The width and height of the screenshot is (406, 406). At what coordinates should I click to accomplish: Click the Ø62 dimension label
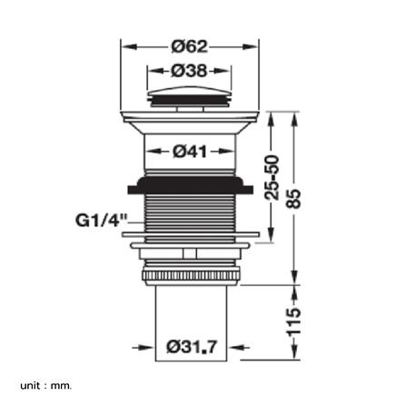pos(190,47)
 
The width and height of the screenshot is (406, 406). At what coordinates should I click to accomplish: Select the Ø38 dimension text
pos(189,71)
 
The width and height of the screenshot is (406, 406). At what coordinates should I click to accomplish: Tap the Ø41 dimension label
pos(190,151)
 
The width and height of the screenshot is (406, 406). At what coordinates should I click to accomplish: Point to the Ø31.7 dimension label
pos(192,347)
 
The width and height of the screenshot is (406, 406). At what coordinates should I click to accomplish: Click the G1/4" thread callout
pos(101,220)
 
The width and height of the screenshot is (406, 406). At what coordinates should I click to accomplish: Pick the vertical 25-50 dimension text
pos(272,177)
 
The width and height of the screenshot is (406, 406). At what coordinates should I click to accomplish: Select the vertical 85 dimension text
pos(293,198)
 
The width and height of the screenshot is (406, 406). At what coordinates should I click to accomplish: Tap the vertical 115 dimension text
pos(293,322)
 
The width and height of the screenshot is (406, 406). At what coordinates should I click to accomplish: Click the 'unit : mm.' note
pos(46,386)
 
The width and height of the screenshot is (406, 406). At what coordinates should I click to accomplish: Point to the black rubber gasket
pos(191,185)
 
